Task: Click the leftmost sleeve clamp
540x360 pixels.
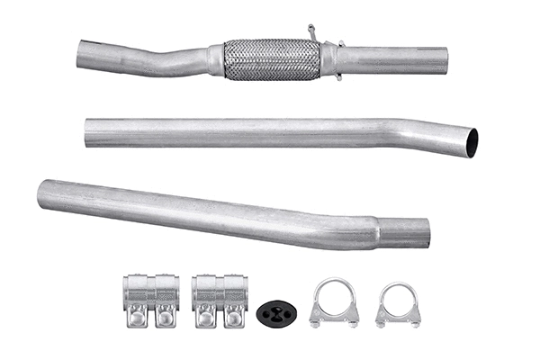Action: [150, 299]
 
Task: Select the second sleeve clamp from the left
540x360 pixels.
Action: [220, 299]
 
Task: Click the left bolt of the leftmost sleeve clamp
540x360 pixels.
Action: [139, 316]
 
